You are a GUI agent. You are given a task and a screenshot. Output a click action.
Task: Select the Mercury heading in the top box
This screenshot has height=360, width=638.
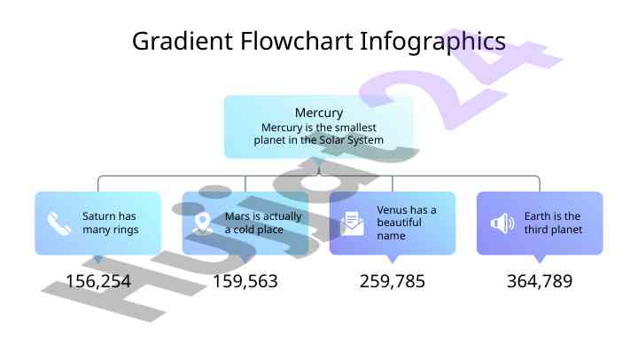(318, 113)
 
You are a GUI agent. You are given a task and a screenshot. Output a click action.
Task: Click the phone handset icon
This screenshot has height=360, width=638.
(59, 223)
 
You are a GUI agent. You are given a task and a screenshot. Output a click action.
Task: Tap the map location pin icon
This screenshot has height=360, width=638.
(203, 223)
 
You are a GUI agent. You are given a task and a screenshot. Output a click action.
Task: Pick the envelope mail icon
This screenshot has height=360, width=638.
(352, 223)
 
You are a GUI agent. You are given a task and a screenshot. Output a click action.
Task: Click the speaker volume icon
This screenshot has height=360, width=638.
(502, 223)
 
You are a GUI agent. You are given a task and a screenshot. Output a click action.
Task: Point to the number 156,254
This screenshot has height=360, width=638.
(98, 282)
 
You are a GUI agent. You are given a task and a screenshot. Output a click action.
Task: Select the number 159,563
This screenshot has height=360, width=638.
(245, 282)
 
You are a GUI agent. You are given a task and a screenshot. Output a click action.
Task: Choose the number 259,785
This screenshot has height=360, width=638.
(393, 282)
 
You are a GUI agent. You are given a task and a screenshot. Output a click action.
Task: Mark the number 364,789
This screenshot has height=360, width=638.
(540, 282)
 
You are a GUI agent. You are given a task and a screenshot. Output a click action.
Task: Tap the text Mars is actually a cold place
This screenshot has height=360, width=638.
(262, 223)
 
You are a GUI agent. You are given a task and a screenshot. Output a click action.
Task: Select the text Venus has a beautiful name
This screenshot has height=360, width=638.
(407, 223)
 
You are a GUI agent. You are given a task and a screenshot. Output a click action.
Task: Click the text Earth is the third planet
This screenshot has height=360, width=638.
(552, 223)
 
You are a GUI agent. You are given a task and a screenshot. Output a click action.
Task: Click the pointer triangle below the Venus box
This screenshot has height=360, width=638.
(393, 259)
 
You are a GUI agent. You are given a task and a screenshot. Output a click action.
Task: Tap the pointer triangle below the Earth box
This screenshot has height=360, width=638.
(540, 259)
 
